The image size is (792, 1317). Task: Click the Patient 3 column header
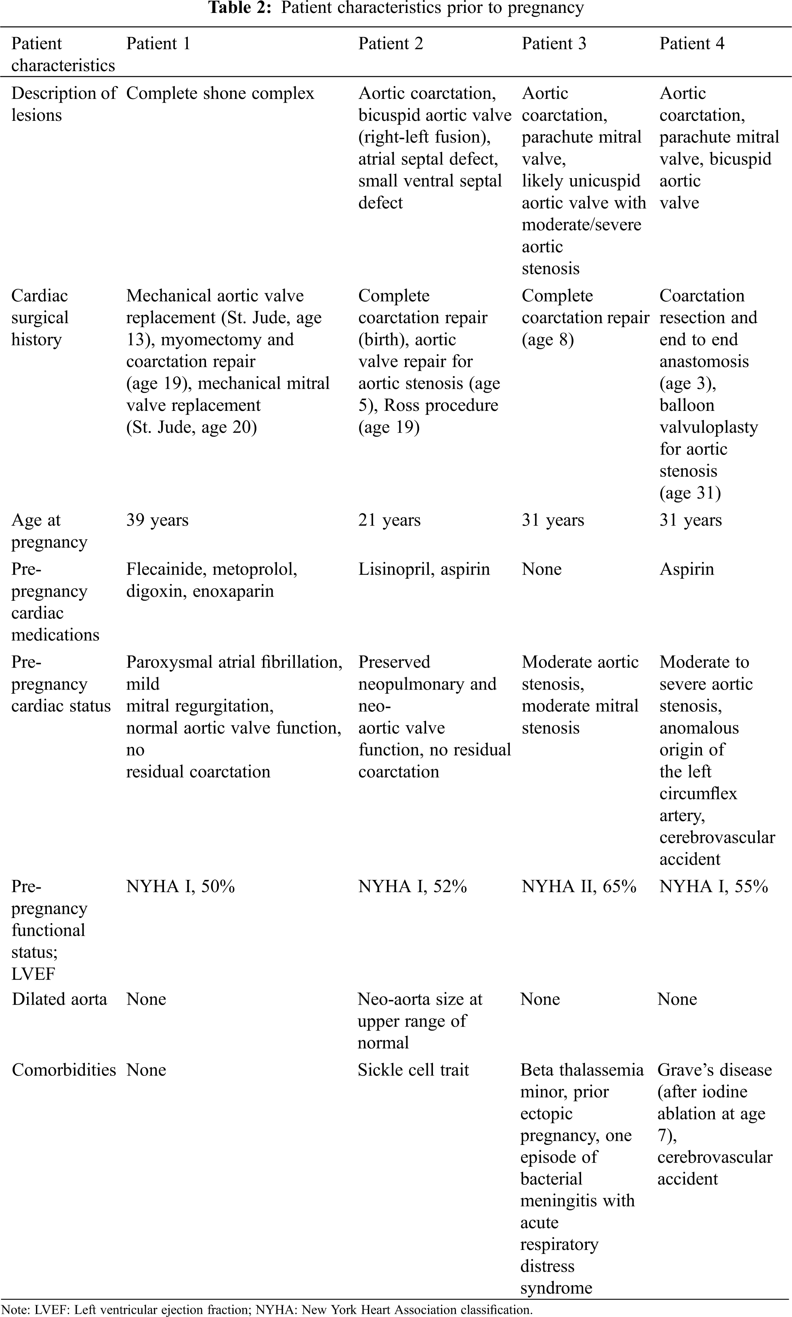pyautogui.click(x=553, y=43)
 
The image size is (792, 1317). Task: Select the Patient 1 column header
pyautogui.click(x=158, y=43)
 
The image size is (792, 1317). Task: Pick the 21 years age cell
pyautogui.click(x=389, y=520)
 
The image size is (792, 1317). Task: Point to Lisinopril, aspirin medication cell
pyautogui.click(x=424, y=569)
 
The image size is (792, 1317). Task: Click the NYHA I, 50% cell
pyautogui.click(x=181, y=886)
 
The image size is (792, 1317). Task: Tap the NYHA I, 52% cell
pyautogui.click(x=412, y=886)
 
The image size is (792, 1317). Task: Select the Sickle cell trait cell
pyautogui.click(x=413, y=1070)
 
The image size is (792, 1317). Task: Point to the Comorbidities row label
pyautogui.click(x=63, y=1070)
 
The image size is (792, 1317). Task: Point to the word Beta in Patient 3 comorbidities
pyautogui.click(x=538, y=1070)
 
